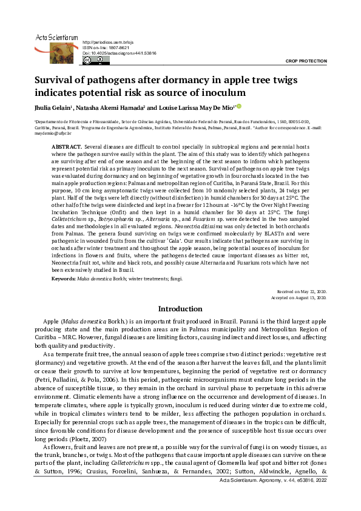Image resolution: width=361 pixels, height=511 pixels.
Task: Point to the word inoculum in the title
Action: (221, 92)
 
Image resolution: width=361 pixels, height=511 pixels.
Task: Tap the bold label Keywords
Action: (64, 278)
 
